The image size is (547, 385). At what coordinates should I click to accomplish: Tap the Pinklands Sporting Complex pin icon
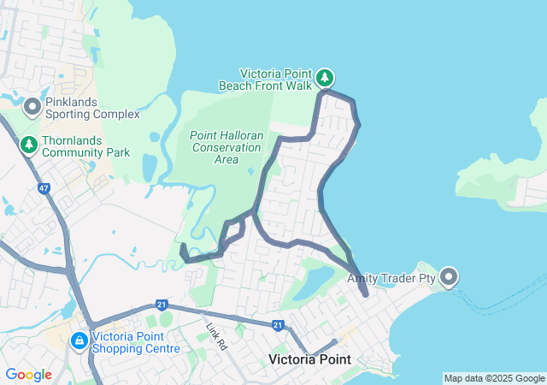(x=32, y=107)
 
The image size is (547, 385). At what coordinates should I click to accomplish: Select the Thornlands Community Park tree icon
(x=29, y=145)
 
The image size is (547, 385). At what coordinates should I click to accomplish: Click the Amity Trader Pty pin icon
(x=450, y=277)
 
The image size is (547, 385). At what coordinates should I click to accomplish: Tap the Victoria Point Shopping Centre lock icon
(x=79, y=341)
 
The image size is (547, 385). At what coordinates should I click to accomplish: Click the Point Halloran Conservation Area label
(x=226, y=147)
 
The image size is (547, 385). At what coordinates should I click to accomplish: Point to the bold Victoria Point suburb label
(x=305, y=359)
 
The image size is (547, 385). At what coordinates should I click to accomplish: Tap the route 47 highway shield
(x=44, y=187)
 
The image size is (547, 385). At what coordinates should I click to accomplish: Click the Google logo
(x=28, y=375)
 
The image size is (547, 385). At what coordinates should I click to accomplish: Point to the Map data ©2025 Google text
(x=493, y=378)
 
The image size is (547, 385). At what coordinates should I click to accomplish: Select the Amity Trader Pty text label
(x=393, y=278)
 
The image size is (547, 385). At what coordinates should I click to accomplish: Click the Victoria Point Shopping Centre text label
(x=138, y=342)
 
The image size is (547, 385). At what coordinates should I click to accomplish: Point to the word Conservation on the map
(x=226, y=147)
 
